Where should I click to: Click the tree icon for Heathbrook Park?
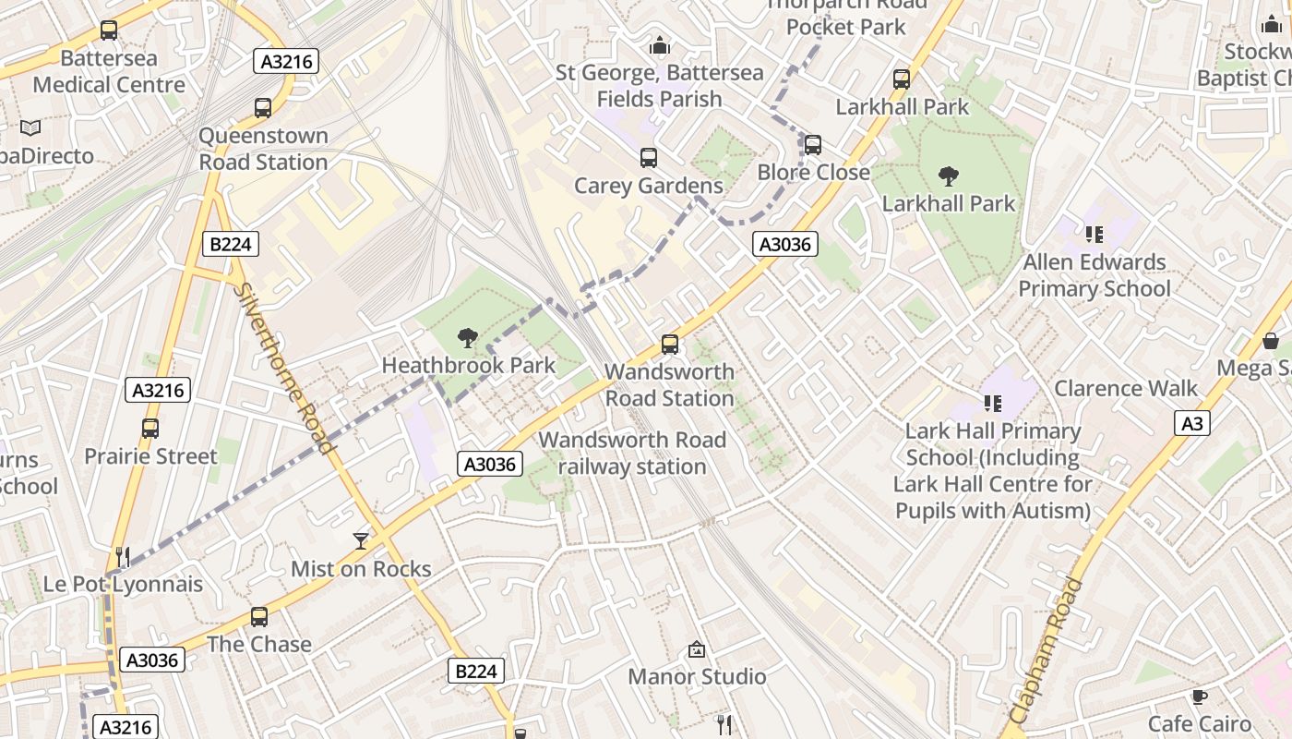[x=468, y=338]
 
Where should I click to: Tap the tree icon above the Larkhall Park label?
[x=948, y=176]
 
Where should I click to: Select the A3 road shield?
[x=1192, y=423]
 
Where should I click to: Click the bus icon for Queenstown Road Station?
[x=263, y=108]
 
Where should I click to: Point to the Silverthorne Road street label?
[x=284, y=368]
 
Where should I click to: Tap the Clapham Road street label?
[x=1046, y=650]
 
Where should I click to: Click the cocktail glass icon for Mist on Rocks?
[x=361, y=541]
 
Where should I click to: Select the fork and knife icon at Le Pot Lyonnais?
[x=123, y=556]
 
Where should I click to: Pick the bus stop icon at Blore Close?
[x=812, y=145]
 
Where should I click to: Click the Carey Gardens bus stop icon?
[x=649, y=158]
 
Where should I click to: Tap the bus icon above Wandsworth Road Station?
[x=670, y=345]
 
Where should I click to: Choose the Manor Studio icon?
[x=697, y=650]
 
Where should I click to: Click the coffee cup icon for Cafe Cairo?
[x=1199, y=697]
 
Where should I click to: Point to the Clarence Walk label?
[x=1126, y=388]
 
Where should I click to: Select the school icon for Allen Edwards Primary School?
[x=1095, y=235]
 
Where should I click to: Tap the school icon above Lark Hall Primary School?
[x=993, y=403]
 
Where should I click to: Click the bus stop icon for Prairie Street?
[x=150, y=429]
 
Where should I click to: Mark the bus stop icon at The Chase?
[x=259, y=617]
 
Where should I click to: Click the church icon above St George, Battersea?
[x=659, y=45]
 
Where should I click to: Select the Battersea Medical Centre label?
[x=109, y=72]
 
